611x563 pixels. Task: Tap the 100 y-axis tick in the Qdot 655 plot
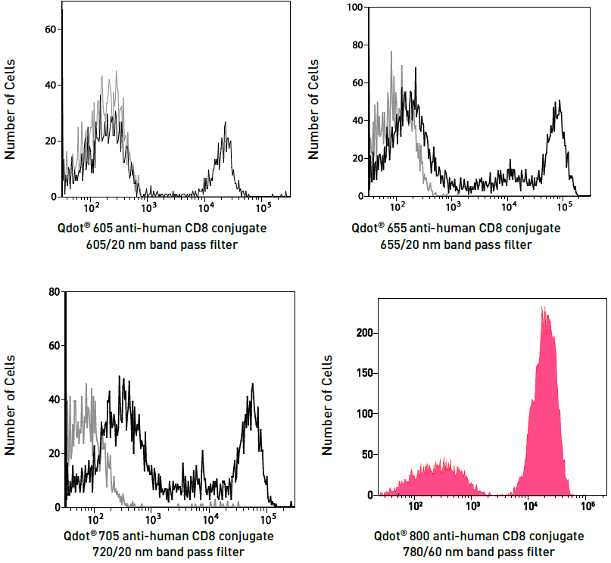[x=353, y=8]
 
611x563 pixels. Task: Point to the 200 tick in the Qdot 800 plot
[x=363, y=333]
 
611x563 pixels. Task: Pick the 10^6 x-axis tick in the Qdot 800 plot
[x=588, y=505]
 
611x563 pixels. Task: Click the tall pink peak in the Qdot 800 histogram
[x=544, y=310]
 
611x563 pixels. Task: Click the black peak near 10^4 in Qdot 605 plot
[x=226, y=125]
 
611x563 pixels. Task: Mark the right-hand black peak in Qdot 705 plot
[x=252, y=387]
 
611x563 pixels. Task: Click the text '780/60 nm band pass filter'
[x=479, y=552]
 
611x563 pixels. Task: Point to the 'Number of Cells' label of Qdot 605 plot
[x=11, y=113]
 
